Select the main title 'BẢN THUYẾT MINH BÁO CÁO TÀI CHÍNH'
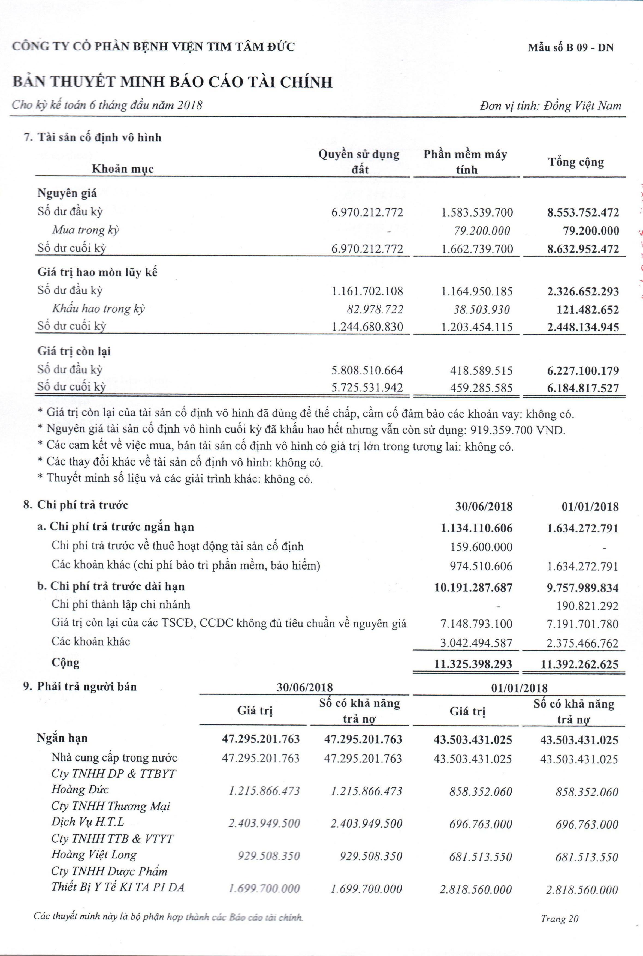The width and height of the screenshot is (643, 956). pos(172,82)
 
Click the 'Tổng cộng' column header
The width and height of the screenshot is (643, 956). pos(576,163)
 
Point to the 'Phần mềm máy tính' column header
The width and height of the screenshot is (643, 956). pos(466,162)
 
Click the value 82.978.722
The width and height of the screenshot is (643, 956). pos(373,309)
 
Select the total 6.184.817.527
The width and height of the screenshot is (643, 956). pos(583,388)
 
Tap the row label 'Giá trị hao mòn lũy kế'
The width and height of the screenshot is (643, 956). pos(98,272)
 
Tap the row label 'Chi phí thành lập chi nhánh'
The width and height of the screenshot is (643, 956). pos(121,604)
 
